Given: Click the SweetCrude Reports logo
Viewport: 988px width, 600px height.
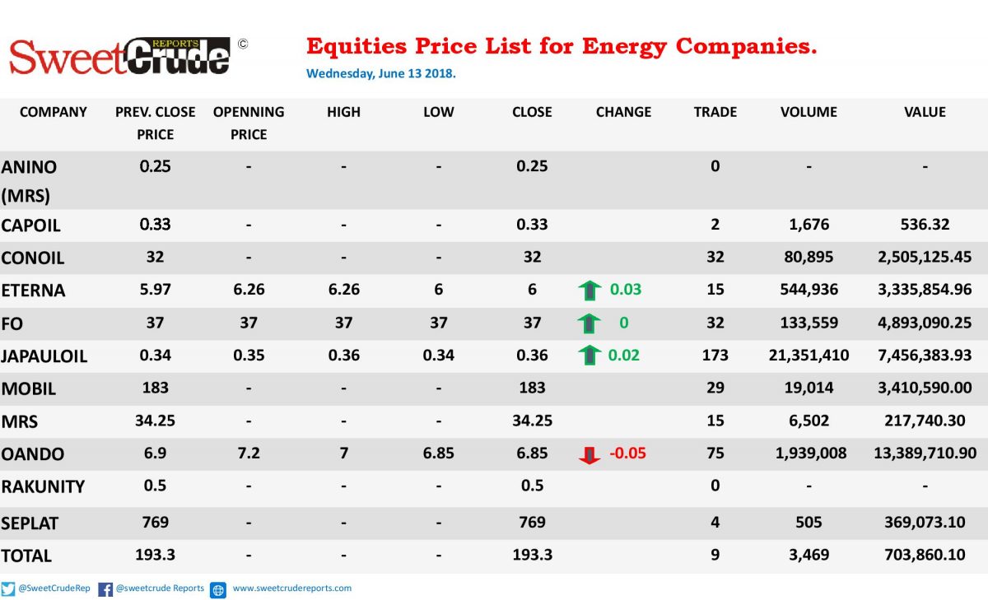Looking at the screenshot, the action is (120, 56).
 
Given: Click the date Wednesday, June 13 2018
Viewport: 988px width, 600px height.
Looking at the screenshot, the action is (381, 73).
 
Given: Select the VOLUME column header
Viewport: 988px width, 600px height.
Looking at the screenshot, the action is (809, 112).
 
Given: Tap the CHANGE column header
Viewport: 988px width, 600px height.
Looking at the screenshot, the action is (623, 112).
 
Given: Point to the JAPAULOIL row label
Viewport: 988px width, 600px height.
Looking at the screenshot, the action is (44, 356).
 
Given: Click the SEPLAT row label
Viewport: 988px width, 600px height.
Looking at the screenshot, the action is (30, 523).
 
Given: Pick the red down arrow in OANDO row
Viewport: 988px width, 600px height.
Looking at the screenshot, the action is (590, 455).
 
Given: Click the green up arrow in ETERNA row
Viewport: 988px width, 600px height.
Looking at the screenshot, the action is (590, 291).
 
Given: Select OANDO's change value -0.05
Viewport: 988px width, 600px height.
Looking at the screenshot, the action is (627, 453).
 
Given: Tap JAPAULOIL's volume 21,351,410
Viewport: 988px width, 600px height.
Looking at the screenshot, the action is (809, 356).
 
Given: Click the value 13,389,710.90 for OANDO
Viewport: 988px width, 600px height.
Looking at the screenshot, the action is (925, 453).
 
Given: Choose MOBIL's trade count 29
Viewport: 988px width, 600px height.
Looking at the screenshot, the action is (715, 388).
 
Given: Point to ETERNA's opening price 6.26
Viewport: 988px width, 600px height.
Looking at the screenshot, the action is (249, 289).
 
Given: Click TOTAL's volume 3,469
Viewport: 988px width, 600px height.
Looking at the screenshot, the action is (809, 555).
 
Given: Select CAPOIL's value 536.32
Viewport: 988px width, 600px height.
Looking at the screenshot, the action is (925, 225).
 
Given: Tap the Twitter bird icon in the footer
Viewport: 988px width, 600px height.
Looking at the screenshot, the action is (8, 589).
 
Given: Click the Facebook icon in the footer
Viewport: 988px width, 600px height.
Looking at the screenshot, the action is (105, 589).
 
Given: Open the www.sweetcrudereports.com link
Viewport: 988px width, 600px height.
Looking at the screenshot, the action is (292, 588).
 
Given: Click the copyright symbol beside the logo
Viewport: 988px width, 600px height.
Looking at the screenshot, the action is (243, 44).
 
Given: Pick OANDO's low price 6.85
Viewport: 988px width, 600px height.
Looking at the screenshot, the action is (438, 453).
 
